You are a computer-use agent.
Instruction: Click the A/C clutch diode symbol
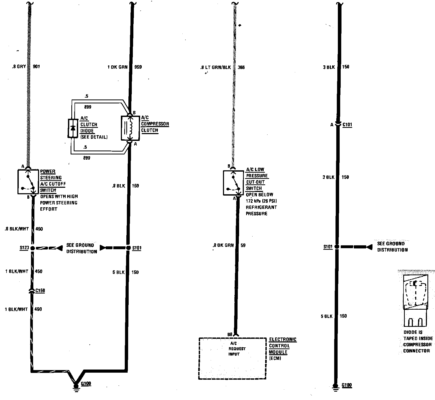point(73,128)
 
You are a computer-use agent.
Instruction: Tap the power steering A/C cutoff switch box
point(28,182)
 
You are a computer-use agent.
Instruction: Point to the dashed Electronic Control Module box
point(232,358)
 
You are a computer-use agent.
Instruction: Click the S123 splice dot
point(33,248)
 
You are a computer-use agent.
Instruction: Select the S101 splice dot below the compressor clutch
point(128,248)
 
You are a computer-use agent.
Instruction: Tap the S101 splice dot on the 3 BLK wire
point(337,246)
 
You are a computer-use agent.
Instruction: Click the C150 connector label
point(40,290)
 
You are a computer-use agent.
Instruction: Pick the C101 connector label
point(347,125)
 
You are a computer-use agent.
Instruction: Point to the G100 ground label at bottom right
point(346,385)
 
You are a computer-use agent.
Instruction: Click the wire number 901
point(36,67)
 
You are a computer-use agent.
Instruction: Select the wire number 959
point(138,67)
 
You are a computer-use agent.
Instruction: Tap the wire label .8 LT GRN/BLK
point(215,67)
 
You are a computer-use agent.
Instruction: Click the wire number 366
point(241,67)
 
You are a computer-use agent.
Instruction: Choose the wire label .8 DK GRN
point(223,245)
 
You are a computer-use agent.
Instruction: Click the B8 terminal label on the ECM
point(229,334)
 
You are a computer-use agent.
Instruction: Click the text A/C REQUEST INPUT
point(234,349)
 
